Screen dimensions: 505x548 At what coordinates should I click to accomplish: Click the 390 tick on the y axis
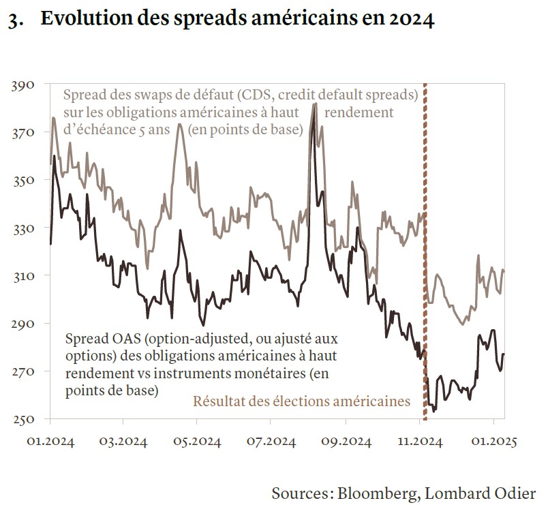[24, 85]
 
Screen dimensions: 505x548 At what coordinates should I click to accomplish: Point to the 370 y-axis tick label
[24, 132]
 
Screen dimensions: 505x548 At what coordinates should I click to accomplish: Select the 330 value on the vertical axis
[24, 228]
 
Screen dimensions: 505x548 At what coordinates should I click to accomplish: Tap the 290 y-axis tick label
[24, 323]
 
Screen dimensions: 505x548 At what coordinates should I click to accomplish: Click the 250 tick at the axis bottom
[24, 418]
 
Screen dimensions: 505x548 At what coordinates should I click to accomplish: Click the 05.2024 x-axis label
[195, 443]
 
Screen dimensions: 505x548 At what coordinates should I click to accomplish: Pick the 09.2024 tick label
[345, 443]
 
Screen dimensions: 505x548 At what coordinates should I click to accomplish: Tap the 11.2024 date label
[419, 443]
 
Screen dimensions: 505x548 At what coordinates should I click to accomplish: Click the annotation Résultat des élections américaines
[303, 401]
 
